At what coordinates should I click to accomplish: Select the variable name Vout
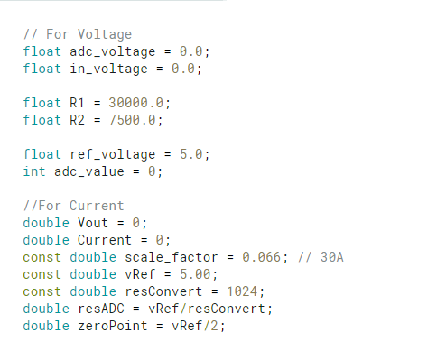click(x=93, y=222)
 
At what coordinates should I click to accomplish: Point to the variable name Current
click(x=105, y=240)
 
